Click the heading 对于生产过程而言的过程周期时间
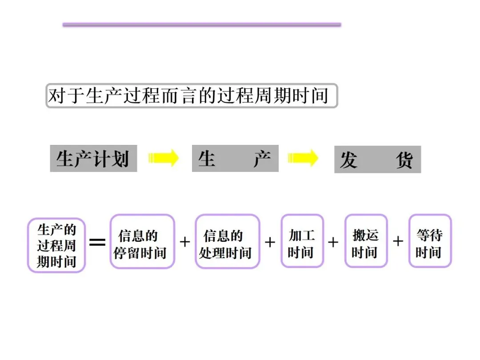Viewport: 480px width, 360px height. tap(192, 96)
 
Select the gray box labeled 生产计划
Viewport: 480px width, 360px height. tap(93, 158)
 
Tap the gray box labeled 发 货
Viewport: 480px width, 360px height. tap(377, 160)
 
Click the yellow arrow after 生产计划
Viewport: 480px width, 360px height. tap(164, 158)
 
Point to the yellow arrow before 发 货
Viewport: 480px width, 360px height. tap(303, 158)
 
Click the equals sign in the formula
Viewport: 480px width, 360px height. tap(98, 242)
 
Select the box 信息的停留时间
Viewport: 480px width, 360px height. tap(142, 241)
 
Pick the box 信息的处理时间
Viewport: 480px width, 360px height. tap(227, 241)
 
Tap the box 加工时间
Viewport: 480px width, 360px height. tap(302, 241)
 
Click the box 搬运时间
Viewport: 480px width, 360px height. tap(366, 241)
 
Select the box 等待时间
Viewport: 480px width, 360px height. tap(430, 241)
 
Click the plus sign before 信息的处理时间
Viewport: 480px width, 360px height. tap(185, 242)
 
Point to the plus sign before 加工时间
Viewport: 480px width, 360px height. tap(270, 242)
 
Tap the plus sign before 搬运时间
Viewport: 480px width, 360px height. tap(333, 242)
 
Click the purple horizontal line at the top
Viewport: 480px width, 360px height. tap(202, 25)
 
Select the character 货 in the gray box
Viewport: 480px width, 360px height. tap(404, 160)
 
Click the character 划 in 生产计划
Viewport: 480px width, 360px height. tap(120, 159)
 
